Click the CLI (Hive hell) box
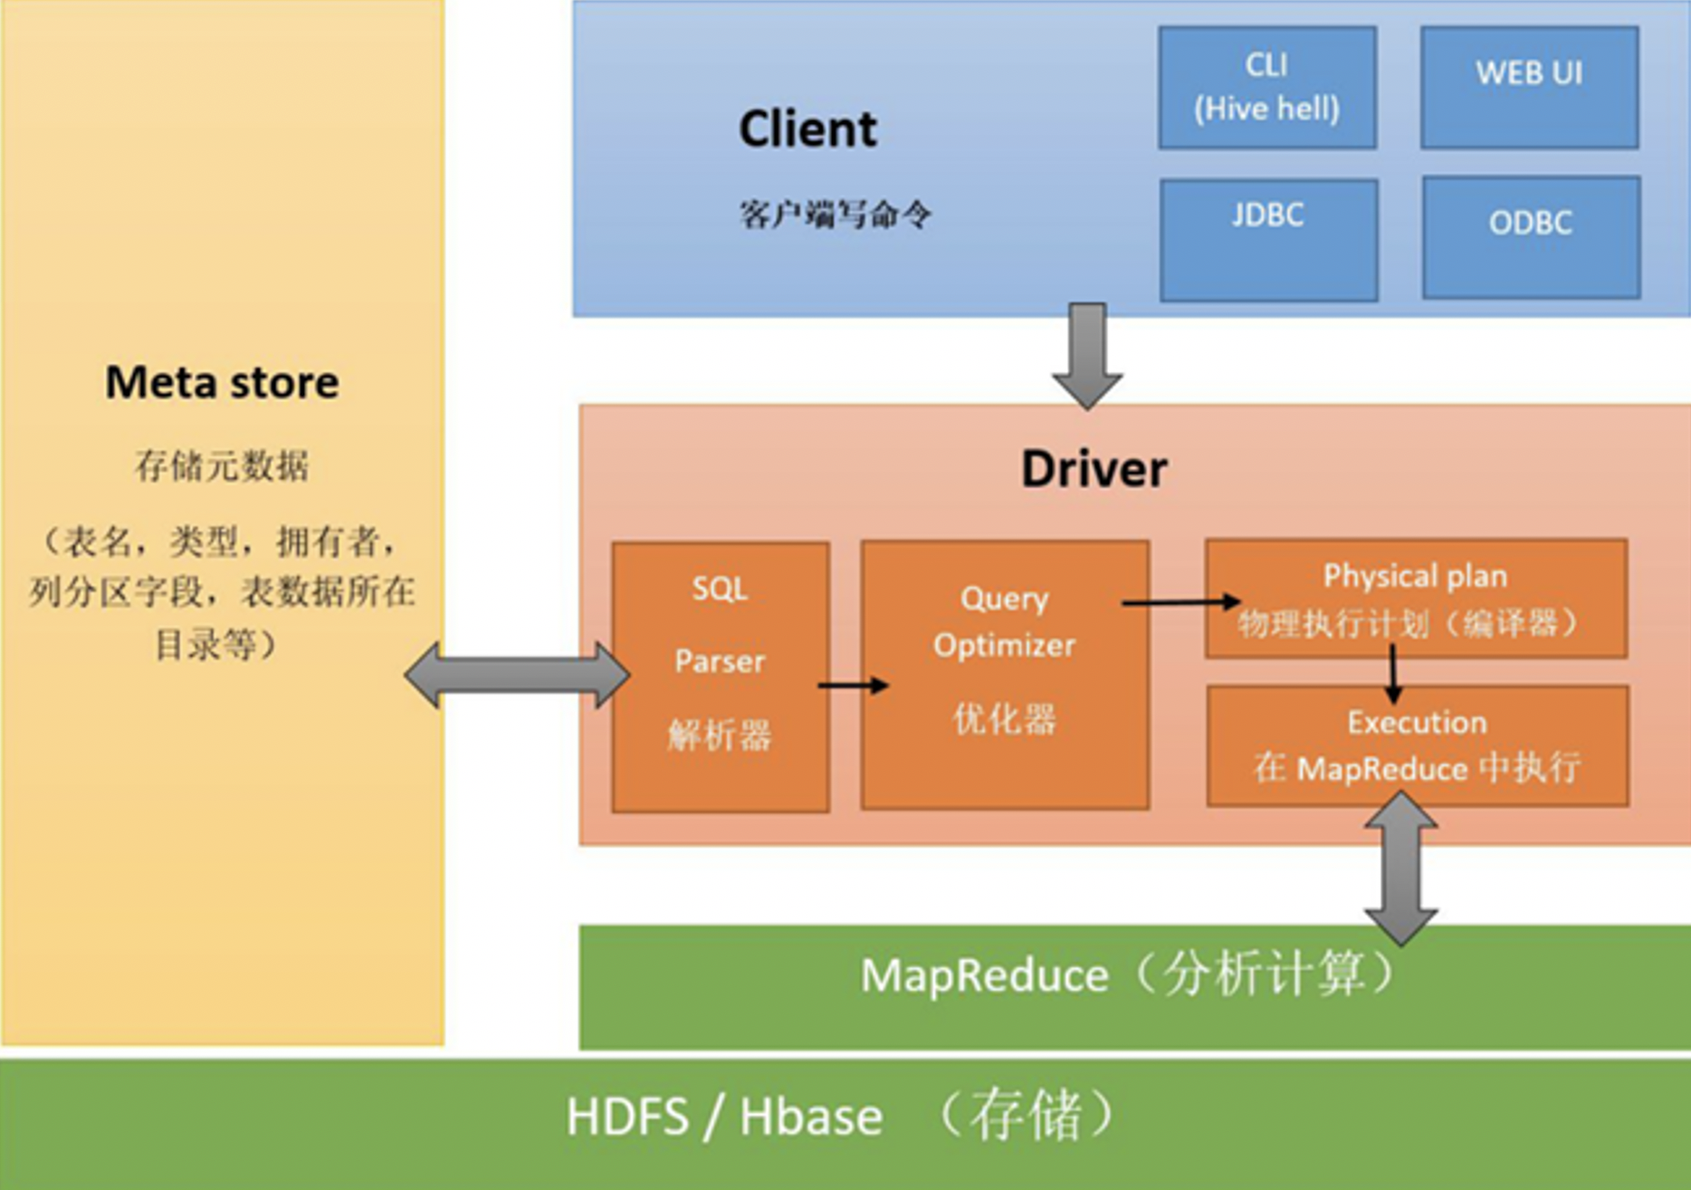(1266, 87)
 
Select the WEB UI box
(1529, 87)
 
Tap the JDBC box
(1268, 240)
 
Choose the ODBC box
(1531, 237)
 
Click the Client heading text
(807, 129)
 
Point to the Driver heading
(1094, 469)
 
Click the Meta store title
(222, 382)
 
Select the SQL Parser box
(721, 677)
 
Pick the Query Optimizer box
(1005, 675)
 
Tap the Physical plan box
(1416, 599)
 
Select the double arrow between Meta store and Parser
(517, 675)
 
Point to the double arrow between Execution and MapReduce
(1400, 869)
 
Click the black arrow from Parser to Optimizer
(852, 686)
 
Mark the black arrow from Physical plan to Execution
(1393, 672)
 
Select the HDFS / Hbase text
(724, 1117)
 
